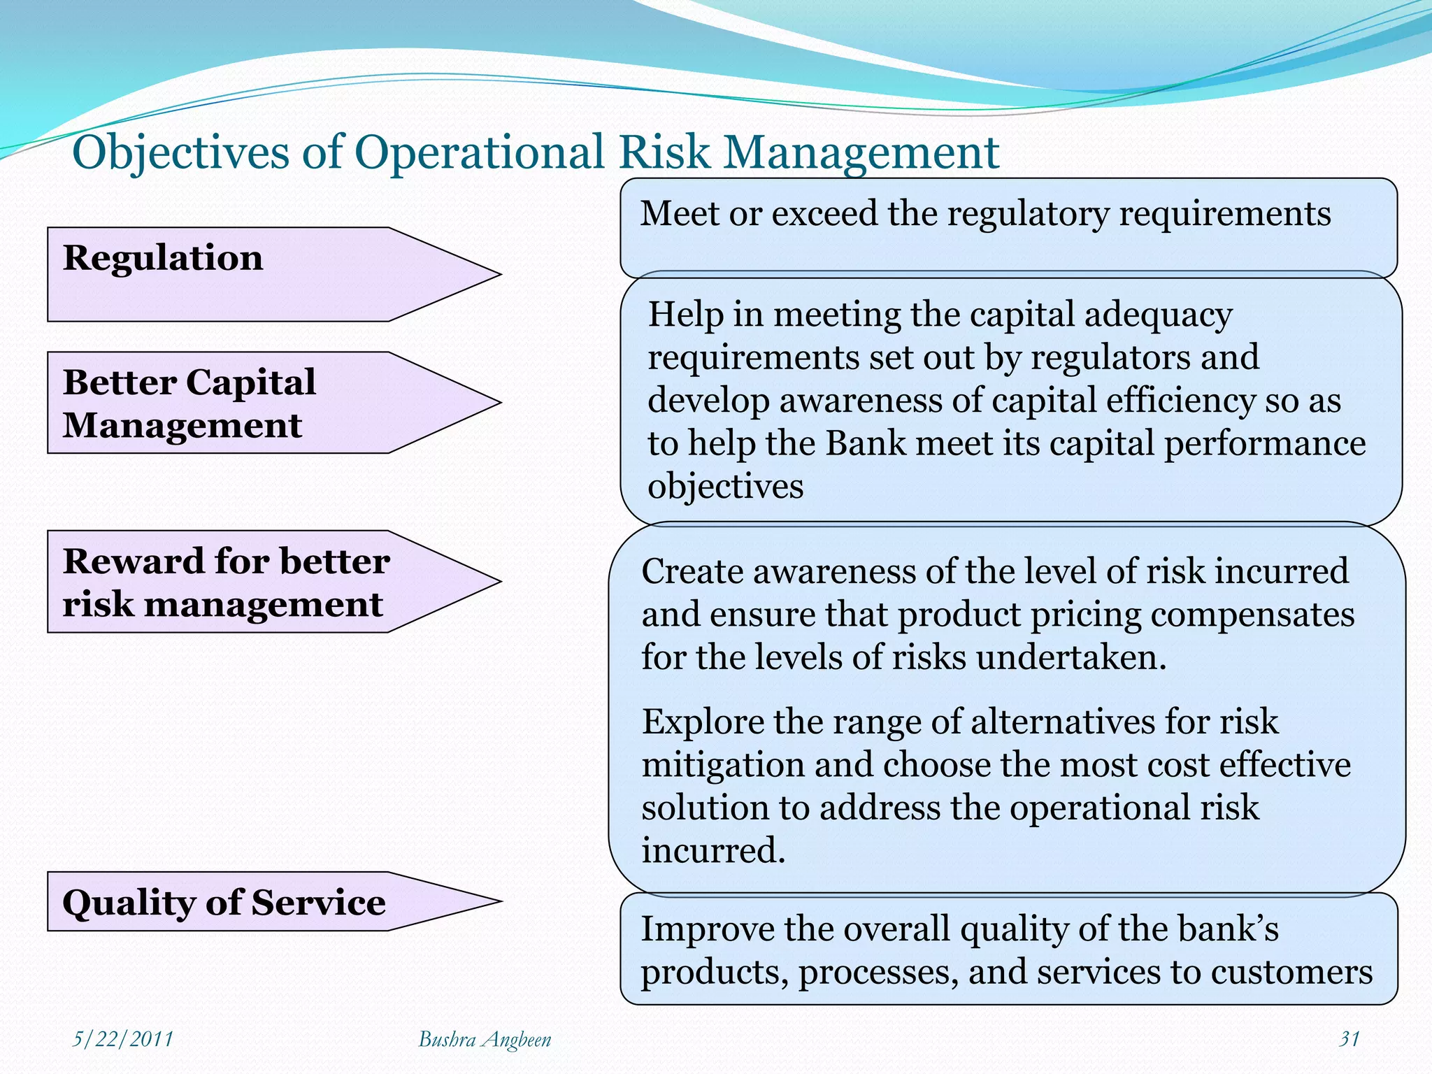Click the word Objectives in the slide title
[180, 153]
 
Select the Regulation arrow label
[163, 258]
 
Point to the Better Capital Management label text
[189, 403]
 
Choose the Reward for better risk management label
[225, 582]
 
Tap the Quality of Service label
[224, 902]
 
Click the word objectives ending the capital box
[725, 487]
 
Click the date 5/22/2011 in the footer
[123, 1039]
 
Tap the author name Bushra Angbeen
[485, 1040]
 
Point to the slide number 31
[1349, 1039]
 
